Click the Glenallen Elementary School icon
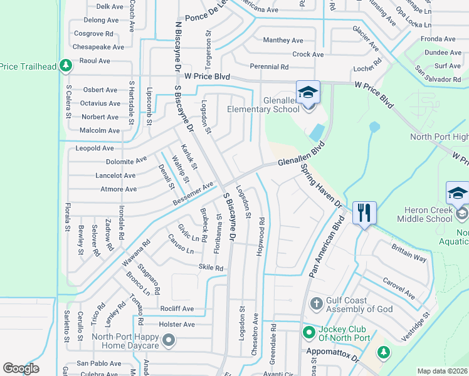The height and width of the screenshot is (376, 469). [308, 93]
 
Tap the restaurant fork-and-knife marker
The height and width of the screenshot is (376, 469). [364, 213]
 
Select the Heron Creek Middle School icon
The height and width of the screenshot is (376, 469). [457, 194]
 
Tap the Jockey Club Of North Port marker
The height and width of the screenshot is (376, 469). [308, 332]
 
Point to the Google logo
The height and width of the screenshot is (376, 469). [21, 368]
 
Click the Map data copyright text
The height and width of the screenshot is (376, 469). [442, 371]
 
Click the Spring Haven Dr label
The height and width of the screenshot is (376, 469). [320, 186]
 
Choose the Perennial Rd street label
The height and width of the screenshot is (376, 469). [269, 66]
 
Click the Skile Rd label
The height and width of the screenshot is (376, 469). [211, 268]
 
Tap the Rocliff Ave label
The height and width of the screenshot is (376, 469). [177, 309]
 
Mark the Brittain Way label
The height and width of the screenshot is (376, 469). [409, 257]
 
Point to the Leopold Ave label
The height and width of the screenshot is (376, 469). [95, 149]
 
